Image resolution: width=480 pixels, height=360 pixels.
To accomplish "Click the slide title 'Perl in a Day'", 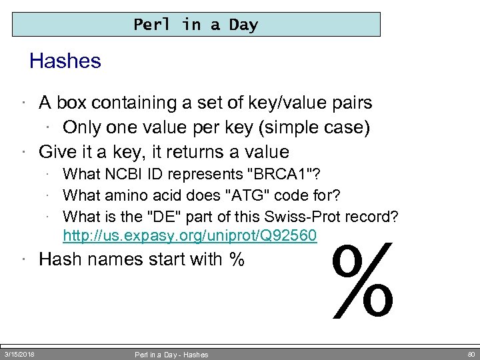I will coord(195,25).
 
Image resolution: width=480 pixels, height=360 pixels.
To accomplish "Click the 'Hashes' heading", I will coord(65,61).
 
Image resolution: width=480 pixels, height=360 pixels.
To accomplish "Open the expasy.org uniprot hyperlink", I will coord(190,236).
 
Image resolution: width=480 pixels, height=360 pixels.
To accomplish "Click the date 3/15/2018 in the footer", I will coord(20,353).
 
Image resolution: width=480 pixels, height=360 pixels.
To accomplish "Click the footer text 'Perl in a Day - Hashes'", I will coord(171,355).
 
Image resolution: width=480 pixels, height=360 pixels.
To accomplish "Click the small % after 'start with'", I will coord(236,259).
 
